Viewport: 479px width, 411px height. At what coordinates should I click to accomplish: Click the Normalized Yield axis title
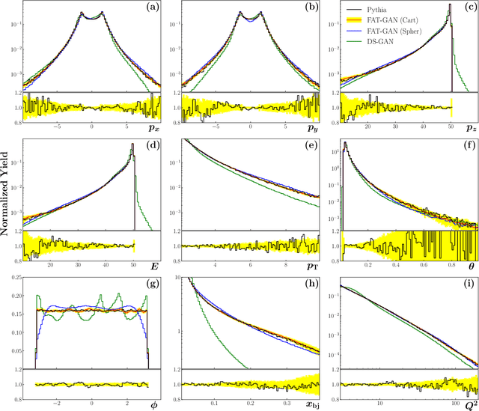tap(7, 205)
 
